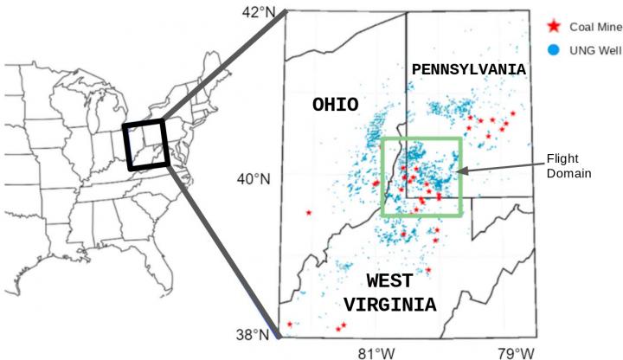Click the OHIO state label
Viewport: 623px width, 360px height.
point(336,106)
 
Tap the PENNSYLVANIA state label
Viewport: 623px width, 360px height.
point(469,67)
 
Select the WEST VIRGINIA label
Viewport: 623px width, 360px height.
point(389,292)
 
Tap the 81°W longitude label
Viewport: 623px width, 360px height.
point(377,352)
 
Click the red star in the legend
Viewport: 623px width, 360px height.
point(554,26)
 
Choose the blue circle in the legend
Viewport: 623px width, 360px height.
point(554,49)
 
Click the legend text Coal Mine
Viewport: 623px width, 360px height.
point(589,26)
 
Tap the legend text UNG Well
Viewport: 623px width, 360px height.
point(589,49)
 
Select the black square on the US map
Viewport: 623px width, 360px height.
point(146,145)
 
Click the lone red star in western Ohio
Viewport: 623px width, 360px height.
point(309,212)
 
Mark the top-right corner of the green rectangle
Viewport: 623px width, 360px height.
point(460,138)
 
